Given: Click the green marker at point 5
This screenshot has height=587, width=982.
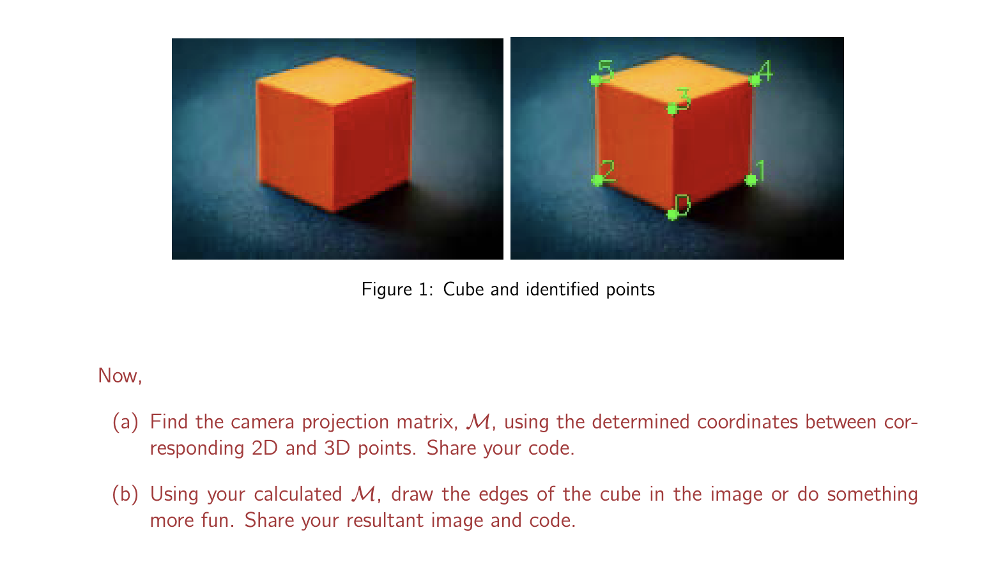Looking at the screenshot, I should (x=595, y=80).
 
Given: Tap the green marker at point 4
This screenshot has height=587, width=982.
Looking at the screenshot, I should (x=755, y=81).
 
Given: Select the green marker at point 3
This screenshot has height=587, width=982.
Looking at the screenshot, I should (x=672, y=109).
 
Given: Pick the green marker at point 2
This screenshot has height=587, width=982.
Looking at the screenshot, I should (x=598, y=180).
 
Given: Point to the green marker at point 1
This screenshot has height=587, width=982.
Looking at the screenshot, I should (x=751, y=180).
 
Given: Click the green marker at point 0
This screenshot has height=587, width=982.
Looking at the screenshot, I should (x=672, y=214).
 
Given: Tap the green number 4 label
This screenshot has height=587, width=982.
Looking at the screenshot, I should (x=765, y=70).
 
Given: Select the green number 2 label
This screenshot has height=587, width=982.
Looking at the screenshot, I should (x=608, y=170).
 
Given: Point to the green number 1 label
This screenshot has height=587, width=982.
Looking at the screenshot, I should (x=760, y=171).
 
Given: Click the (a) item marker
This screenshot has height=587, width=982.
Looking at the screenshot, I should (x=125, y=423).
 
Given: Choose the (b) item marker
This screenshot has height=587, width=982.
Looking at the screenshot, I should (x=125, y=495).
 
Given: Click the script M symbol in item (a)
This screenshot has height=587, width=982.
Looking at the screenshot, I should (x=479, y=423).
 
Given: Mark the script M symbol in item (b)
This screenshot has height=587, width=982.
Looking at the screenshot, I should (x=364, y=495).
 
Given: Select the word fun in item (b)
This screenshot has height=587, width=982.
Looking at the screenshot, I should (x=219, y=520).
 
